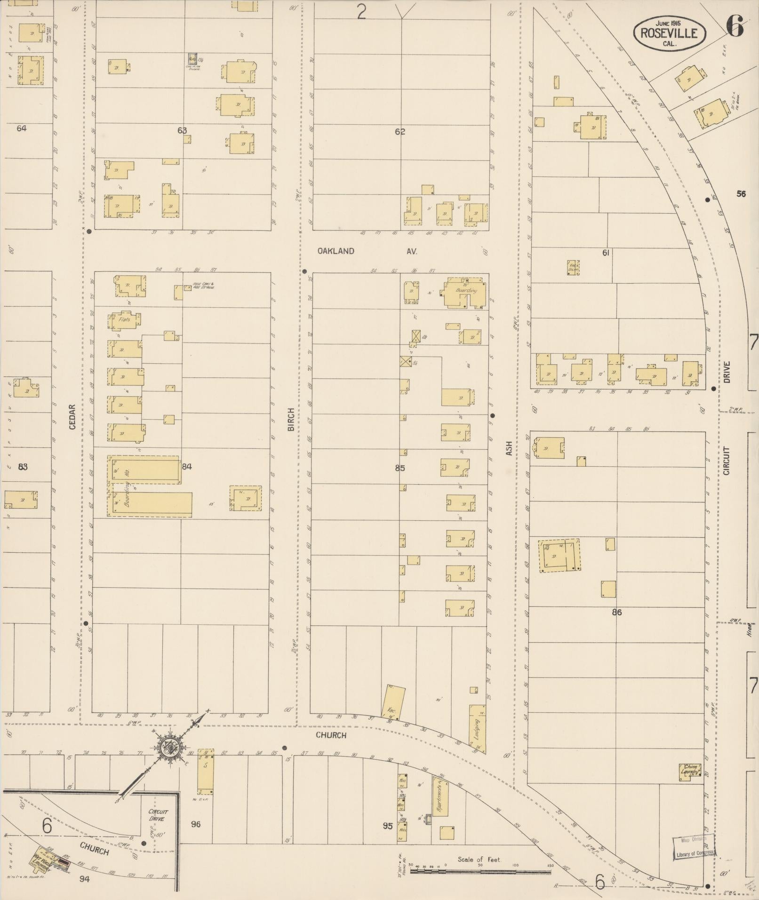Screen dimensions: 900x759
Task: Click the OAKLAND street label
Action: point(336,251)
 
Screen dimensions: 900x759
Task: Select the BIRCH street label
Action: point(291,420)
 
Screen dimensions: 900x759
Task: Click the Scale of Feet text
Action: point(479,860)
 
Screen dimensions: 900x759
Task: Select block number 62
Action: point(400,132)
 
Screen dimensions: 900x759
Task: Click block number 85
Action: point(399,468)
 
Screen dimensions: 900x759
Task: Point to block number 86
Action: point(616,612)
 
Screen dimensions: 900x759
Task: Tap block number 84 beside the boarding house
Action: point(187,467)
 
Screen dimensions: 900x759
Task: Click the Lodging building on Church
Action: point(477,729)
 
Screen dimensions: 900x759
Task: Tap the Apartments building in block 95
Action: point(441,796)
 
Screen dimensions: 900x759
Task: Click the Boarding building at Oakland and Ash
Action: point(464,292)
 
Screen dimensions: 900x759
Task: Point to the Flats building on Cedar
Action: point(124,319)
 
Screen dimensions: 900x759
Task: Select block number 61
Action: point(606,253)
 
